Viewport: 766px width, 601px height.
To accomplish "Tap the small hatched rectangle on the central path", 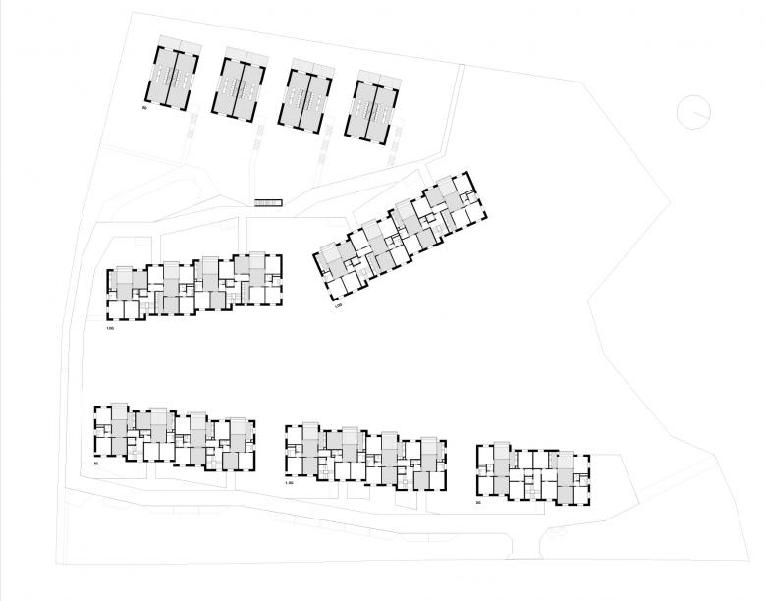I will pyautogui.click(x=268, y=203).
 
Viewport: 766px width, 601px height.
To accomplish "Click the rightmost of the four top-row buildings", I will pyautogui.click(x=374, y=105).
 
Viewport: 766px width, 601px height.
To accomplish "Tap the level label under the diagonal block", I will pyautogui.click(x=337, y=307).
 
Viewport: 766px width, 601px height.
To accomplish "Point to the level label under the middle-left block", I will pyautogui.click(x=111, y=327).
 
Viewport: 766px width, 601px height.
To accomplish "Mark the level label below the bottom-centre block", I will pyautogui.click(x=289, y=484).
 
